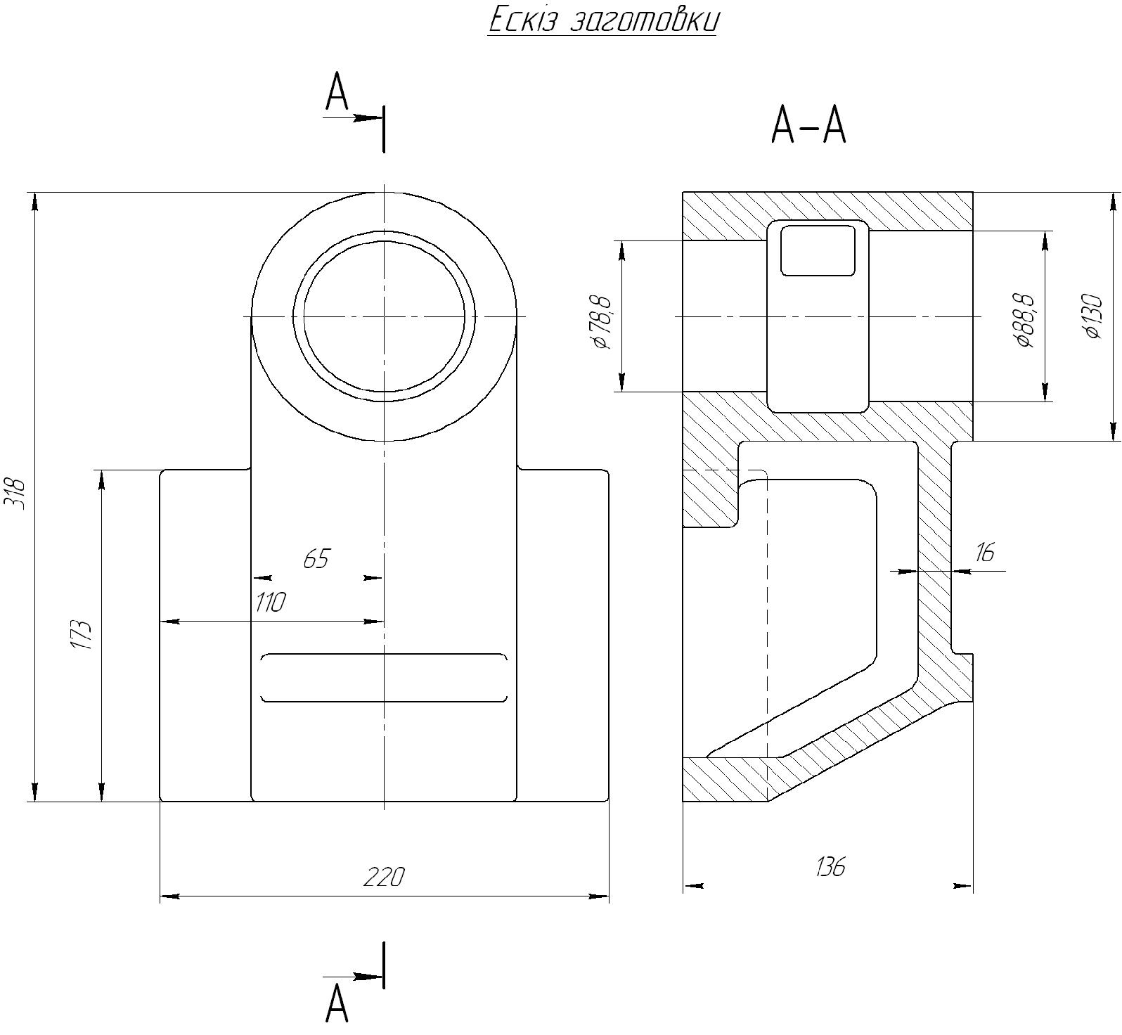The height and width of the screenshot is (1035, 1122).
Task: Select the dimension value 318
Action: coord(15,494)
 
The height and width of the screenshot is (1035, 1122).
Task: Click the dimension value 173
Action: coord(82,635)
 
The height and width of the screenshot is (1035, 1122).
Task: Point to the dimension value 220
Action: coord(385,877)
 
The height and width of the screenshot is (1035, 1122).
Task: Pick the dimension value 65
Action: coord(316,559)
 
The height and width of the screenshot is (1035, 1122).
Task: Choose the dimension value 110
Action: coord(271,603)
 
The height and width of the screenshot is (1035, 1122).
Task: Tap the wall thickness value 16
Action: coord(985,553)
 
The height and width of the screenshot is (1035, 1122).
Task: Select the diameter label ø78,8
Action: coord(603,323)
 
